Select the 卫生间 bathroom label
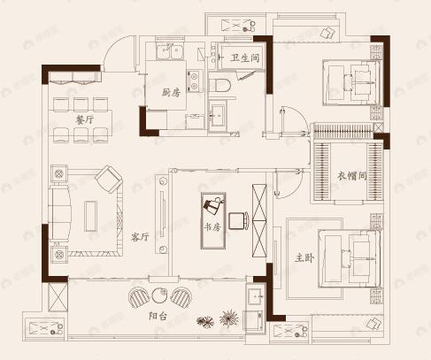pos(243,58)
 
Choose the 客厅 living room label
pos(139,237)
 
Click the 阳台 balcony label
pos(158,315)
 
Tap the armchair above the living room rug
pos(110,180)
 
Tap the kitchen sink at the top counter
pos(168,54)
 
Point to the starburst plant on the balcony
pos(230,316)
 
